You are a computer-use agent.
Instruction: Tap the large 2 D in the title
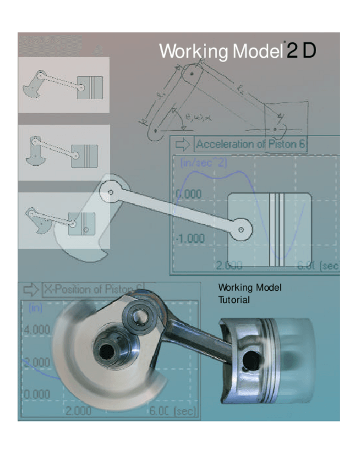(x=301, y=51)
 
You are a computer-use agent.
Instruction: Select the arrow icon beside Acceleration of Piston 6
(x=181, y=145)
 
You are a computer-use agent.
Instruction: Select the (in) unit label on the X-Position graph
(x=35, y=308)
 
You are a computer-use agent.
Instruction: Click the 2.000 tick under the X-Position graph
(x=79, y=410)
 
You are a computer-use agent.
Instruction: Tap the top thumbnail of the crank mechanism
(x=63, y=85)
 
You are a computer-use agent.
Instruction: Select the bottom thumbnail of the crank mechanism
(x=63, y=220)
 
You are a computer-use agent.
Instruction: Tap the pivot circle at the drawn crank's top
(x=112, y=192)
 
